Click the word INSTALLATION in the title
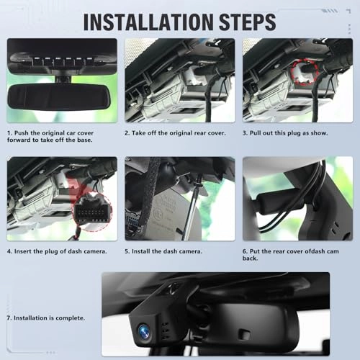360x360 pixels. coord(148,22)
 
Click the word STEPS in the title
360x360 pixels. coord(248,22)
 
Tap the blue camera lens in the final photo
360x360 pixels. coord(144,331)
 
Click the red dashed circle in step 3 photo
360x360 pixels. coord(305,71)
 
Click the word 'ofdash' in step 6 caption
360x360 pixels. coord(315,251)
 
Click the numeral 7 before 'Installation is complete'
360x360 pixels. coord(9,318)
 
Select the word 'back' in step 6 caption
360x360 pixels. coord(250,258)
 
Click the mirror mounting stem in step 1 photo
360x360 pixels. coord(63,79)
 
